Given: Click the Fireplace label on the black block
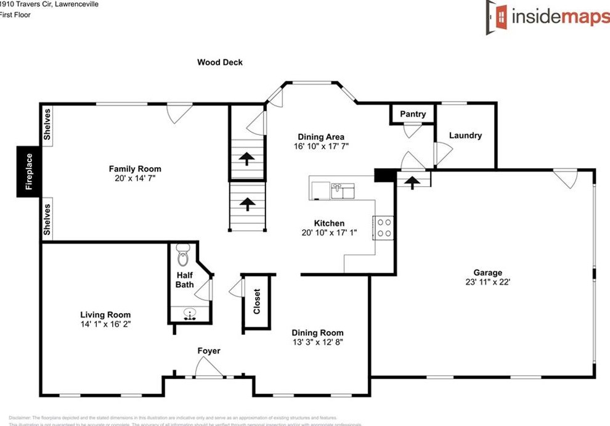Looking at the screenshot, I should (29, 171).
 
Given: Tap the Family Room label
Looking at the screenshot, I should (135, 169).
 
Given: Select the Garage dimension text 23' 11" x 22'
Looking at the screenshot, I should (487, 282).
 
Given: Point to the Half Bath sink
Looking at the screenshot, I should (190, 313).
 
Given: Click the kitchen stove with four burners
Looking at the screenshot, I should (384, 227).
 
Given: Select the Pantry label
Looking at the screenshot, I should (413, 114).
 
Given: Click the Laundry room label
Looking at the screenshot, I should (465, 136).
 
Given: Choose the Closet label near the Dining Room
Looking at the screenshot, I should (257, 301).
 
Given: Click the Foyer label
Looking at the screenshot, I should (209, 351).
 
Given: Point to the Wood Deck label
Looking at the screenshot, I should (220, 62).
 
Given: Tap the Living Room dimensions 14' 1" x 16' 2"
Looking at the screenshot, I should (105, 324).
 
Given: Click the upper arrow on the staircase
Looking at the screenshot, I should (246, 159).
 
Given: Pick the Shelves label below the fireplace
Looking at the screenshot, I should (47, 219).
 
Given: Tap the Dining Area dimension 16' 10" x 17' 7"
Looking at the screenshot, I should (320, 147).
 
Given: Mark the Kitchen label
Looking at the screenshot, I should (329, 223).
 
